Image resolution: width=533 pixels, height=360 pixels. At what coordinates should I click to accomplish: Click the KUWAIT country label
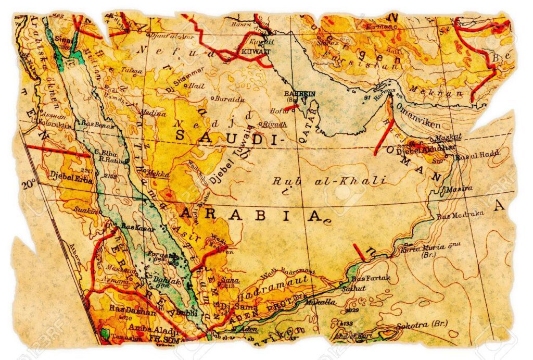[x=256, y=53]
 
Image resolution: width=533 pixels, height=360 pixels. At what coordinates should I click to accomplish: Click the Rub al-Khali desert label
[x=329, y=181]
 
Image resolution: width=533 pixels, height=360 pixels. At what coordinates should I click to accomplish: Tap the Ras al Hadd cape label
[x=477, y=154]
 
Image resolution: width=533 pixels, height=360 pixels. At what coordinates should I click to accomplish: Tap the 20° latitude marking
[x=29, y=183]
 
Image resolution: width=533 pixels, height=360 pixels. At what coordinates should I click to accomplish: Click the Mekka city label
[x=158, y=172]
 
